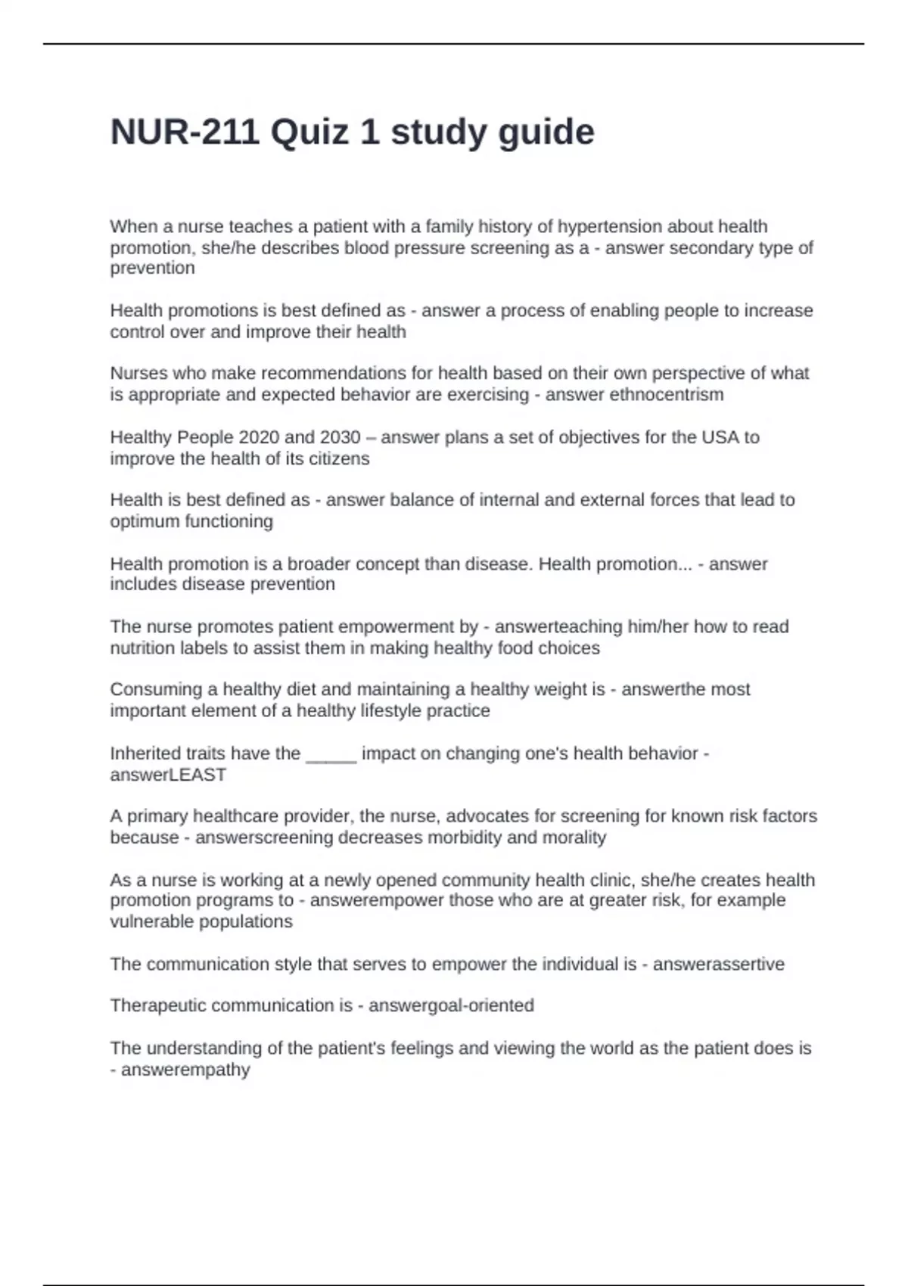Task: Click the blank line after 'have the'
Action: pos(331,754)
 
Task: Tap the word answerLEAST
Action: pos(168,775)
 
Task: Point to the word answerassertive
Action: pos(718,964)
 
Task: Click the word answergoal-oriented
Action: pos(451,1006)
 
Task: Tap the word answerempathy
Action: pos(185,1070)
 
